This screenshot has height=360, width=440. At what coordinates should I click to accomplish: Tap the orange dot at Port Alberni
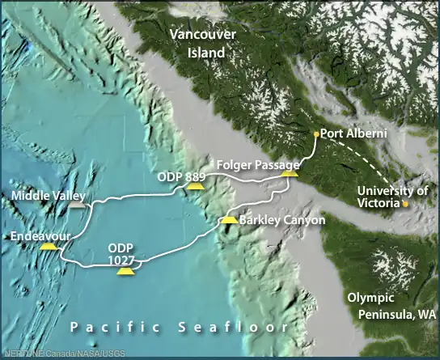tap(315, 134)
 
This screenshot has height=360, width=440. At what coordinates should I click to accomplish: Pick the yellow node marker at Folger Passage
tap(290, 172)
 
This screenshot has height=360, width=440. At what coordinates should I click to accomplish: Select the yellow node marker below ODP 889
tap(193, 186)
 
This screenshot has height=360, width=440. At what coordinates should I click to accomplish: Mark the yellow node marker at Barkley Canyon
tap(230, 219)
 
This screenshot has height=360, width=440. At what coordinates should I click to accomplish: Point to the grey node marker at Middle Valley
tap(76, 206)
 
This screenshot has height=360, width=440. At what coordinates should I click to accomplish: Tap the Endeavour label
tap(43, 236)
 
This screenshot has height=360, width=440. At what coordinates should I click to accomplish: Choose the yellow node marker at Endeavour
tap(49, 247)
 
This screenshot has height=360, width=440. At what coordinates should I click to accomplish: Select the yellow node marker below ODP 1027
tap(125, 271)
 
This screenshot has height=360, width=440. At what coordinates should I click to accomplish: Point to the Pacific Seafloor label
tap(179, 327)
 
